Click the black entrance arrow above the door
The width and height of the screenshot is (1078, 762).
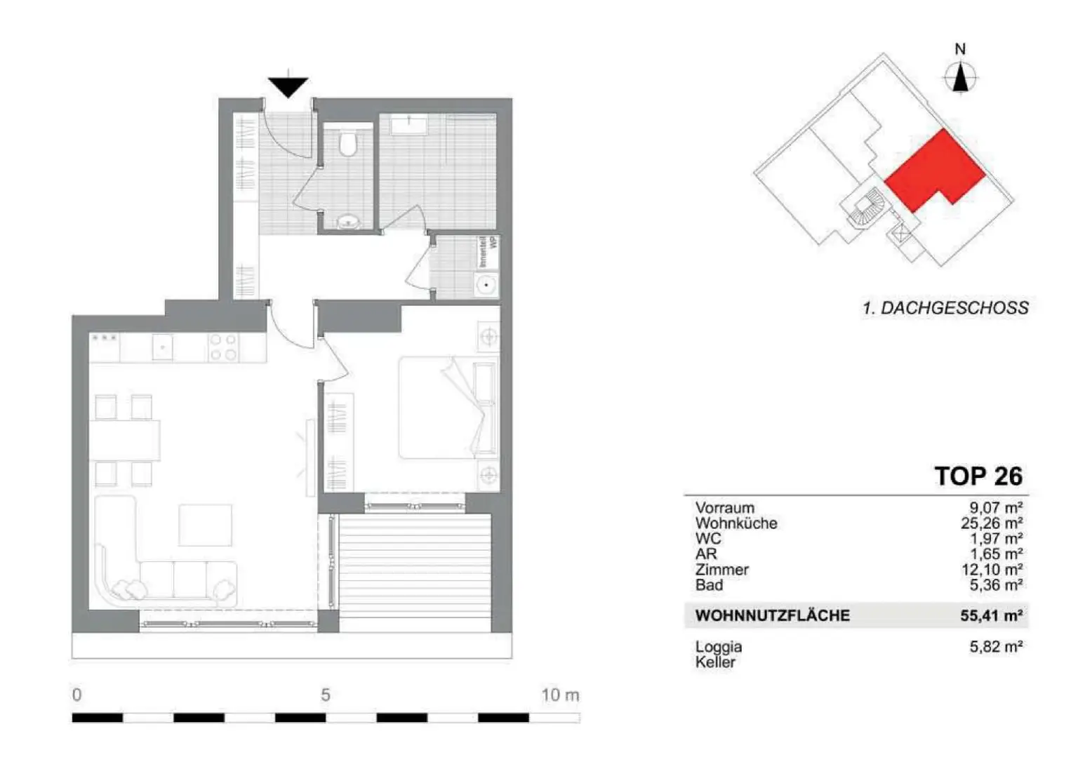pyautogui.click(x=288, y=86)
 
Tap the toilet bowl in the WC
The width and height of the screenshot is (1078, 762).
pyautogui.click(x=347, y=142)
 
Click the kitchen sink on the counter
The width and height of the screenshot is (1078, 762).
pyautogui.click(x=163, y=347)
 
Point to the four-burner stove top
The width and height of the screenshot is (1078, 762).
pyautogui.click(x=223, y=347)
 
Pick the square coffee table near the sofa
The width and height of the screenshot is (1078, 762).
pyautogui.click(x=205, y=525)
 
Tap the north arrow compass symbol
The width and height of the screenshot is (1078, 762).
pyautogui.click(x=960, y=76)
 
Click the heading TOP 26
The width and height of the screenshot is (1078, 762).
pyautogui.click(x=978, y=476)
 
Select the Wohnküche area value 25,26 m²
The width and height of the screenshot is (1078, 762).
pyautogui.click(x=991, y=523)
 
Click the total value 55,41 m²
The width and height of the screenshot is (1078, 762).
pyautogui.click(x=991, y=616)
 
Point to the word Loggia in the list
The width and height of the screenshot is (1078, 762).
pyautogui.click(x=719, y=646)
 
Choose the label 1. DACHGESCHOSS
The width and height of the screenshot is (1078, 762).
pyautogui.click(x=945, y=307)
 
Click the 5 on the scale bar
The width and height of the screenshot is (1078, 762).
pyautogui.click(x=326, y=695)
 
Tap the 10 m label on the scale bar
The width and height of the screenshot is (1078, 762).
pyautogui.click(x=560, y=695)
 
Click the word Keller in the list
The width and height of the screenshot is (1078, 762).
pyautogui.click(x=715, y=662)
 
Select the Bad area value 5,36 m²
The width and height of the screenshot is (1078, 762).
pyautogui.click(x=995, y=584)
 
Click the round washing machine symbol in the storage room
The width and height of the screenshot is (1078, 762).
pyautogui.click(x=486, y=286)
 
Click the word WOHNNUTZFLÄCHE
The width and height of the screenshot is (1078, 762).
pyautogui.click(x=772, y=616)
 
